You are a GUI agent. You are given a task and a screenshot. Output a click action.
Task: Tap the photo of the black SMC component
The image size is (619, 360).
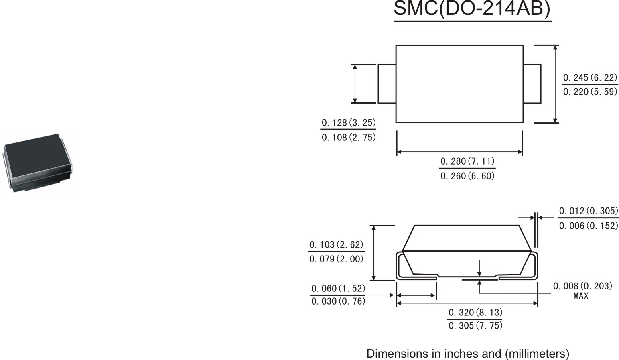[x=38, y=163]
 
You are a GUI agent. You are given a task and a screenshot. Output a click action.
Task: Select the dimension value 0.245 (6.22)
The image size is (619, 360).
[x=590, y=78]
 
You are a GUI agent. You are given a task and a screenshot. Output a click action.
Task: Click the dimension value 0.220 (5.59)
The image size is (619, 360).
[x=590, y=92]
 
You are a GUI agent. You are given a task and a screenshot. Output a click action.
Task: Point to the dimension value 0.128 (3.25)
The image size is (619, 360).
[x=349, y=123]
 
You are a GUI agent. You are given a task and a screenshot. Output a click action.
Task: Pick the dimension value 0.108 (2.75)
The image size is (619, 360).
[x=349, y=137]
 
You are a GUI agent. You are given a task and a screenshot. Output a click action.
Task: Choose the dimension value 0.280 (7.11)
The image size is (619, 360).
[x=467, y=161]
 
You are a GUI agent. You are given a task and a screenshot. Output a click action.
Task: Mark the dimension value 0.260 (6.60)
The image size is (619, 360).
[x=467, y=176]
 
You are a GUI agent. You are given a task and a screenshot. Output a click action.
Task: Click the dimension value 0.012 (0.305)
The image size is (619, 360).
[x=589, y=211]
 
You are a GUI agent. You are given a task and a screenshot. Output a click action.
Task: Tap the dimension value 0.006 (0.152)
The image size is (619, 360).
[x=589, y=226]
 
